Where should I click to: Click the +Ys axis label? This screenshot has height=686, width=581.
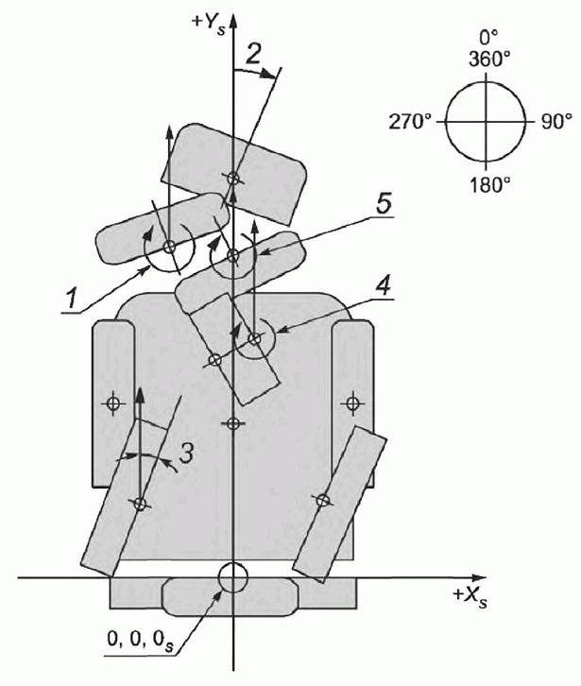pos(210,23)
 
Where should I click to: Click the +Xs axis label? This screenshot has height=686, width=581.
pos(470,596)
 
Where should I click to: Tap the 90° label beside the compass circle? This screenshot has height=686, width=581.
pos(556,122)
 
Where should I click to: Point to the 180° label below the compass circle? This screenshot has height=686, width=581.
pos(490,185)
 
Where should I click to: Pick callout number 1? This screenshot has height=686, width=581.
pos(72,300)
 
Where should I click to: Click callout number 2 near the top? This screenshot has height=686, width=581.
pos(253,54)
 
